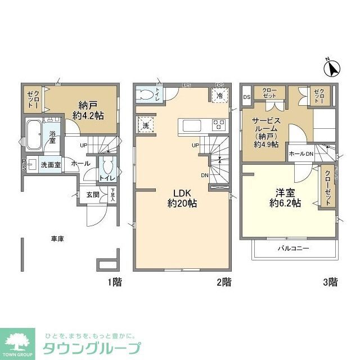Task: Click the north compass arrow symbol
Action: pyautogui.click(x=332, y=67)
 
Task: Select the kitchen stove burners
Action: pyautogui.click(x=219, y=123)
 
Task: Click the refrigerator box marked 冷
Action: pyautogui.click(x=219, y=96)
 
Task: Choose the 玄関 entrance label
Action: pyautogui.click(x=93, y=195)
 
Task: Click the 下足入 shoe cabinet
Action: pyautogui.click(x=112, y=195)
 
